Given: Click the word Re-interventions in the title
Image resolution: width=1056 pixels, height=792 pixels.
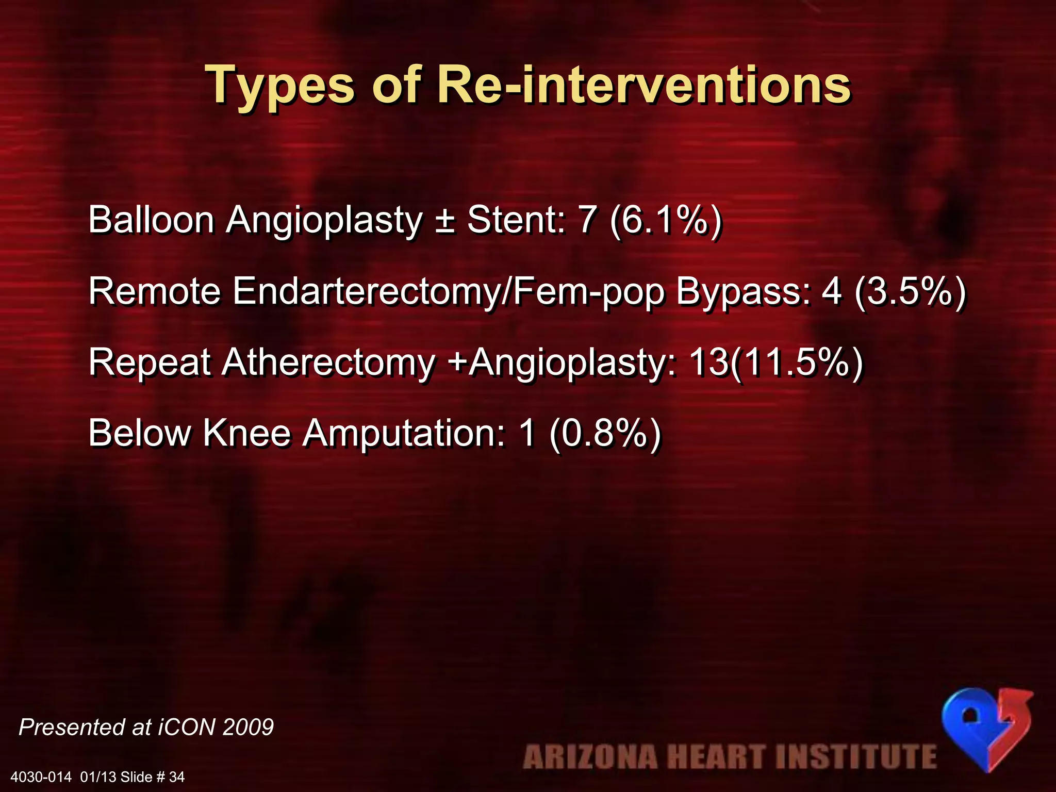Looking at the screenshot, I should (643, 85).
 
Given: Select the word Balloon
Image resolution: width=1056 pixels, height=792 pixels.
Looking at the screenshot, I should (151, 220).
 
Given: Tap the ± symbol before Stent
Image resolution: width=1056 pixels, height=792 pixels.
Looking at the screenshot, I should (444, 221).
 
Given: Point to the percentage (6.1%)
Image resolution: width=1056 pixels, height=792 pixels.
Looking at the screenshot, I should (665, 221).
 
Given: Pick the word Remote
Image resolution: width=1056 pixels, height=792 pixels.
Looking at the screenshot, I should (155, 291).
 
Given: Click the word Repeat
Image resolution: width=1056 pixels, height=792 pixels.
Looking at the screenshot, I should (150, 363).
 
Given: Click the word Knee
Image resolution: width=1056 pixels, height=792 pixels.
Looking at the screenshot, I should (246, 433).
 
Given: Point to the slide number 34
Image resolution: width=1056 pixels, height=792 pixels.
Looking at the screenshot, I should (177, 777).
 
